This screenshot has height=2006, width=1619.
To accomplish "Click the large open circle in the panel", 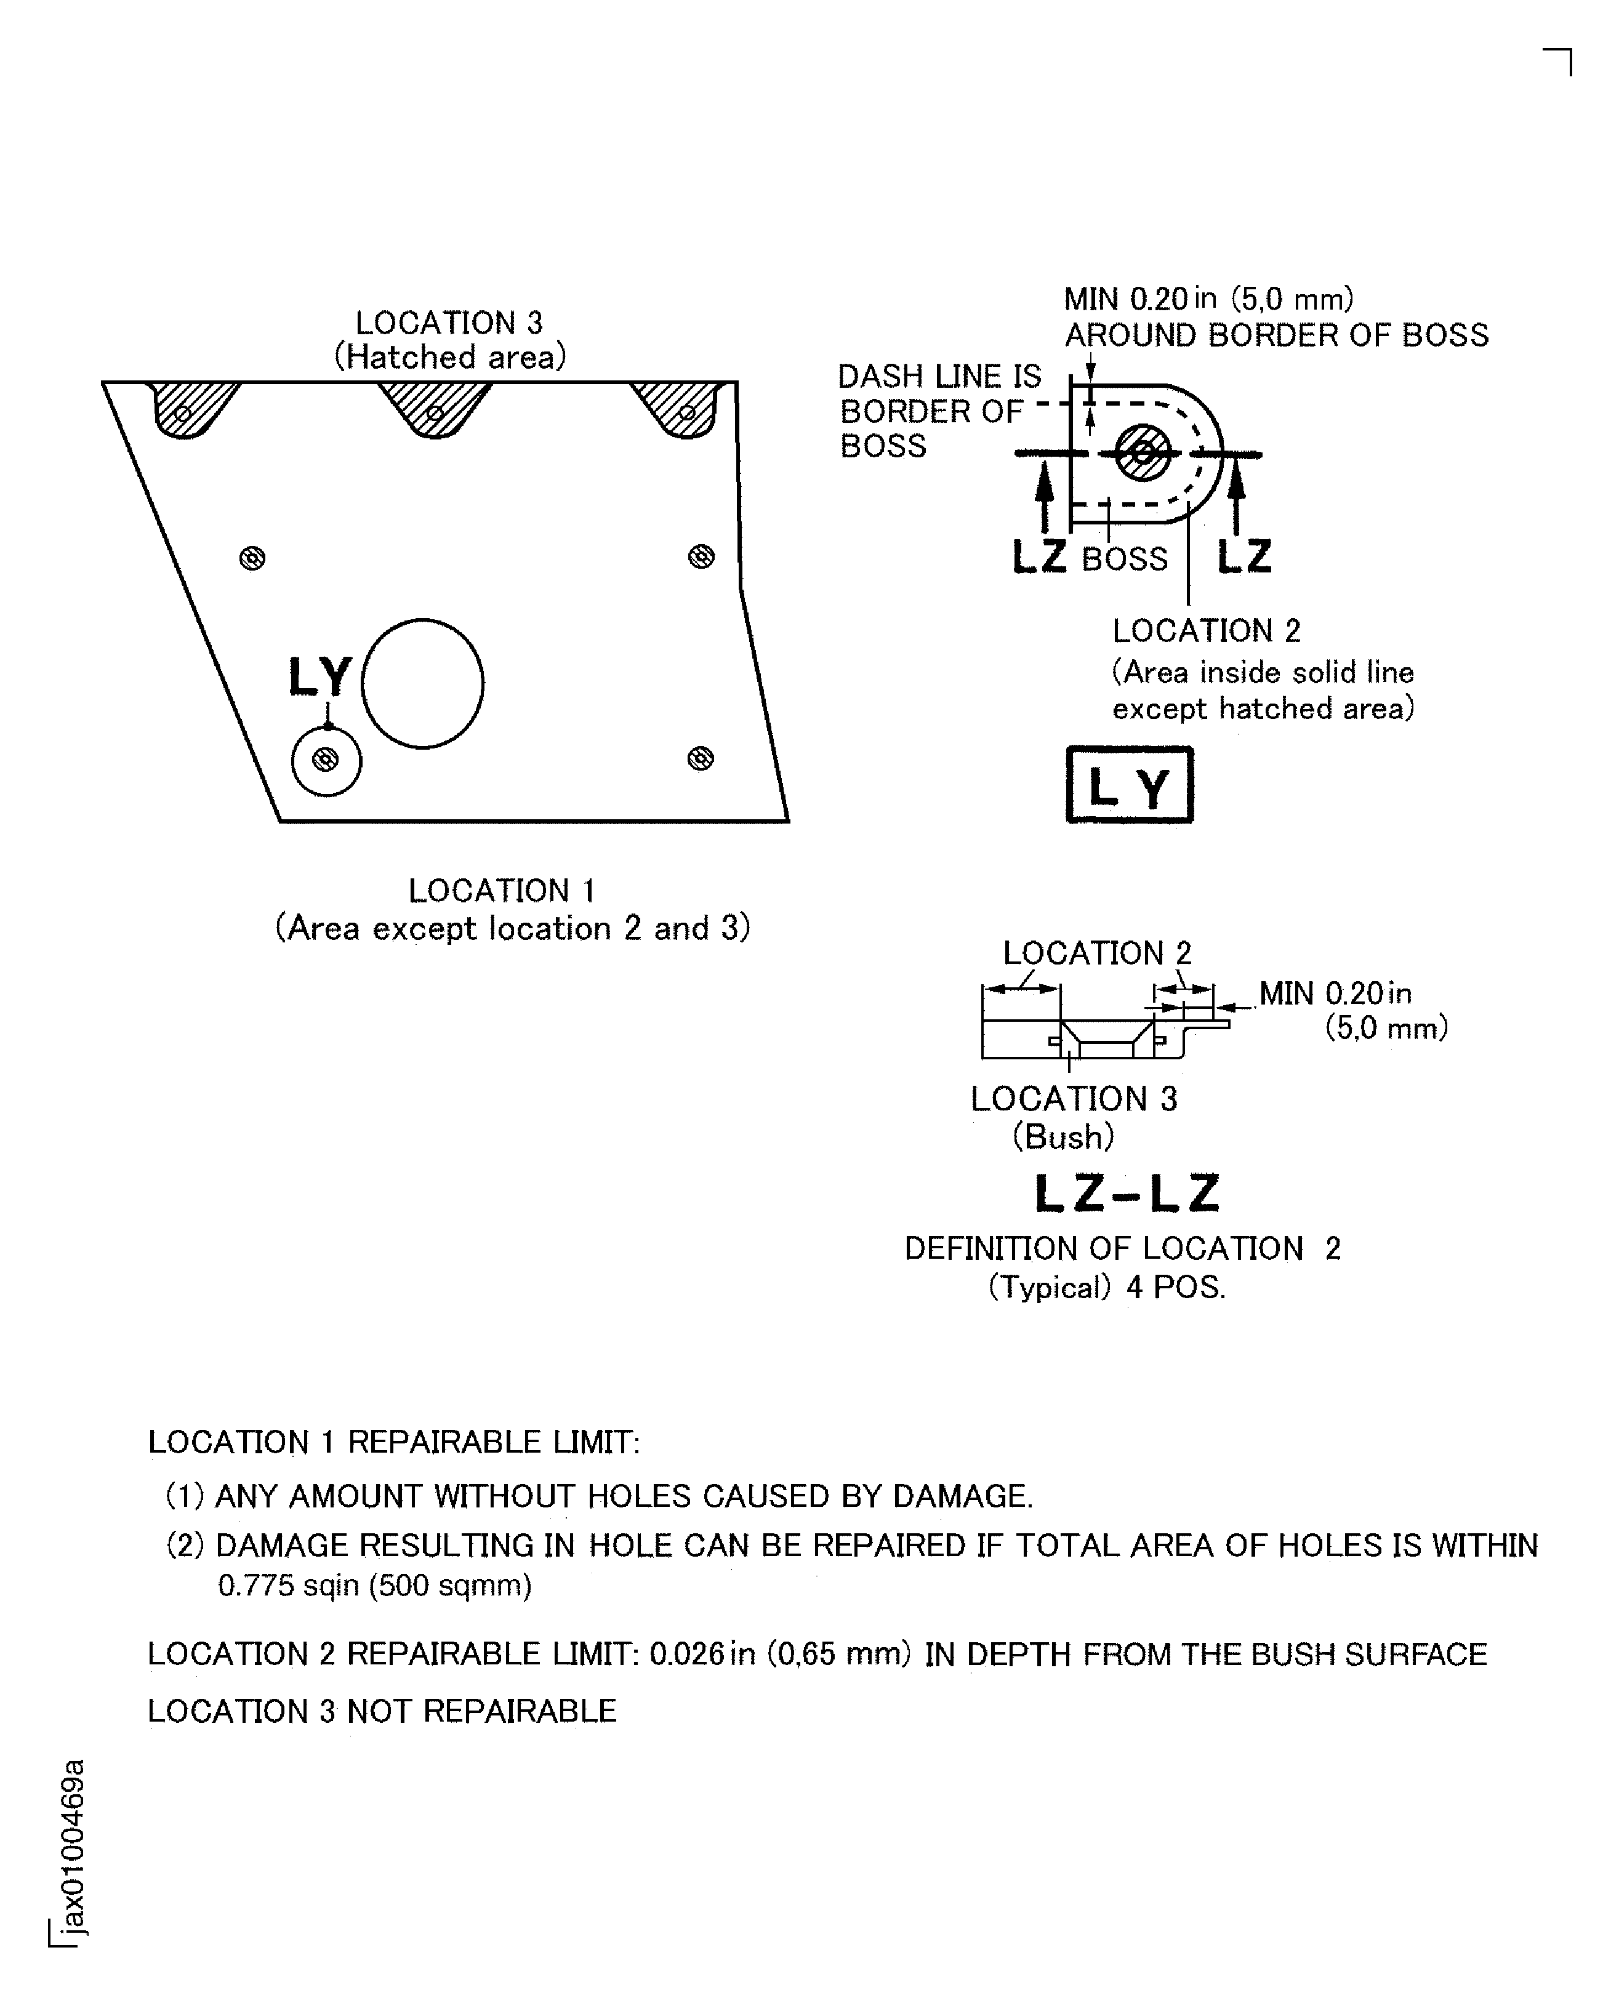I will point(422,684).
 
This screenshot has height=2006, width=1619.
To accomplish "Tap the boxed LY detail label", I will point(1130,785).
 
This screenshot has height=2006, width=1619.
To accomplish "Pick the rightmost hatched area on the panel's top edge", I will point(683,407).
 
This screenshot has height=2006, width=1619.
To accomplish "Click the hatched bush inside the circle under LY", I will point(326,760).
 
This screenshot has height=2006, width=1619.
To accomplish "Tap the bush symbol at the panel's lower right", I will point(701,758).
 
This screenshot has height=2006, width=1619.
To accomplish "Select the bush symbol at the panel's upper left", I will point(252,558).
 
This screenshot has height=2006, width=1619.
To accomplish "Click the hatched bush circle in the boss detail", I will point(1143,453).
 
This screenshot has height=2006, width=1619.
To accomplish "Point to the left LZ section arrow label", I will point(1040,558).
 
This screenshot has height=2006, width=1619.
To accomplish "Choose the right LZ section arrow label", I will point(1244,558).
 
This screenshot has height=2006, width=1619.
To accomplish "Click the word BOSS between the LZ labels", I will point(1124,560).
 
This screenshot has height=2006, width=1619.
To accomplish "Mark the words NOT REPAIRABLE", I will point(481,1711).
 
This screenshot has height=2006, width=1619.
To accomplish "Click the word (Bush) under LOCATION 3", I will point(1063,1137).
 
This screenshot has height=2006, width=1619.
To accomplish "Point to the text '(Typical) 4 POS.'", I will point(1106,1288).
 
